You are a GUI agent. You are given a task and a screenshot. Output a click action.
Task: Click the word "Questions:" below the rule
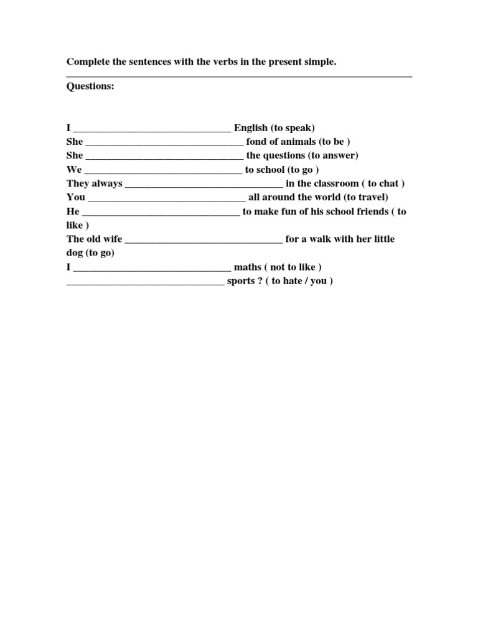(x=90, y=86)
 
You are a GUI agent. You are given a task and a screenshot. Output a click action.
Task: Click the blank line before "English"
(x=152, y=129)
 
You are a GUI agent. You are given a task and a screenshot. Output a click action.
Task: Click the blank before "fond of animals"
(x=164, y=143)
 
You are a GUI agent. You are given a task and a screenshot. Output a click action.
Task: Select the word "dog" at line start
(x=75, y=253)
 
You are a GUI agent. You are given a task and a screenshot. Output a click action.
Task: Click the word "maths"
(x=248, y=267)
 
